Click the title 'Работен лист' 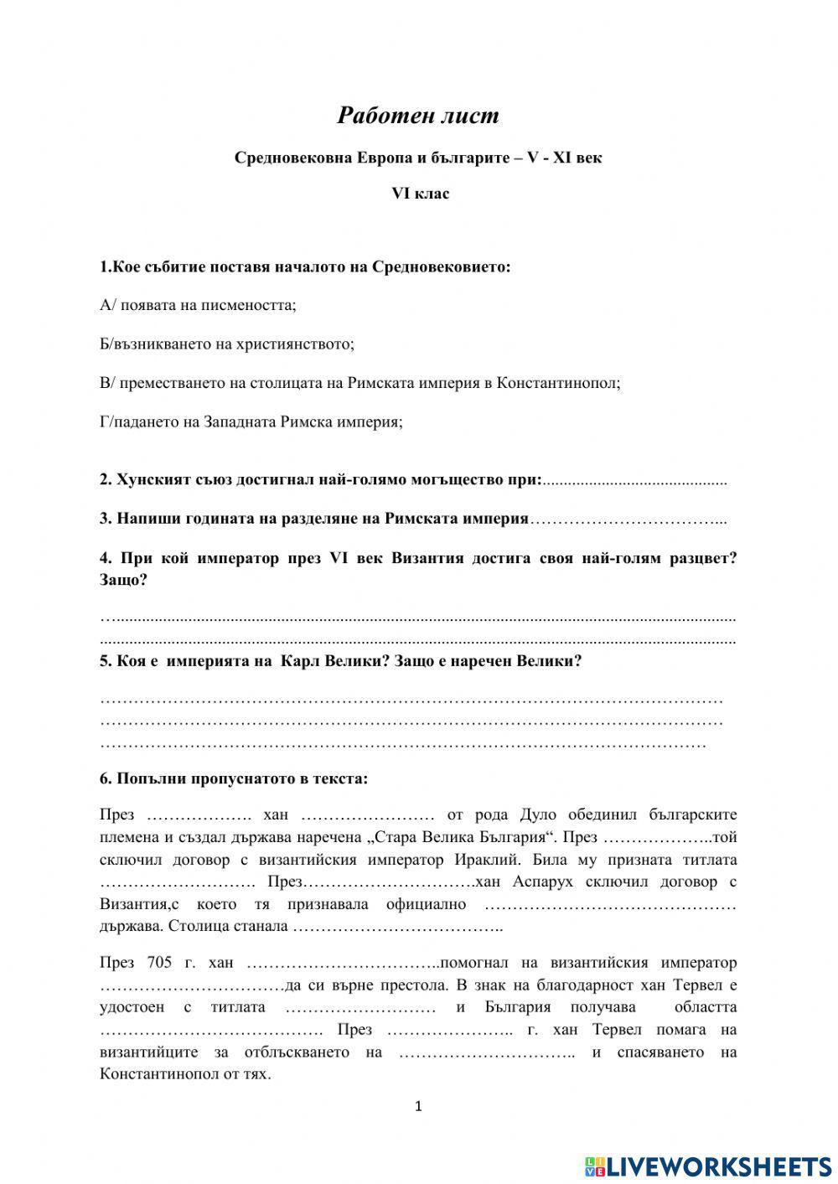[x=418, y=115]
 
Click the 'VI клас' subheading [x=421, y=194]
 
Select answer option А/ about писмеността [x=198, y=305]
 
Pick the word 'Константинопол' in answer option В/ [x=558, y=383]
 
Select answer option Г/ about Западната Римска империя [x=251, y=421]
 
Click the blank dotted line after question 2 [x=635, y=481]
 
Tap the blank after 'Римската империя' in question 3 [x=628, y=520]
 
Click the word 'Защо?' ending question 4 [x=123, y=580]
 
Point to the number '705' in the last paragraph [x=159, y=963]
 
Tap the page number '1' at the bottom [x=419, y=1106]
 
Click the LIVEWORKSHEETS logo [x=708, y=1166]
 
